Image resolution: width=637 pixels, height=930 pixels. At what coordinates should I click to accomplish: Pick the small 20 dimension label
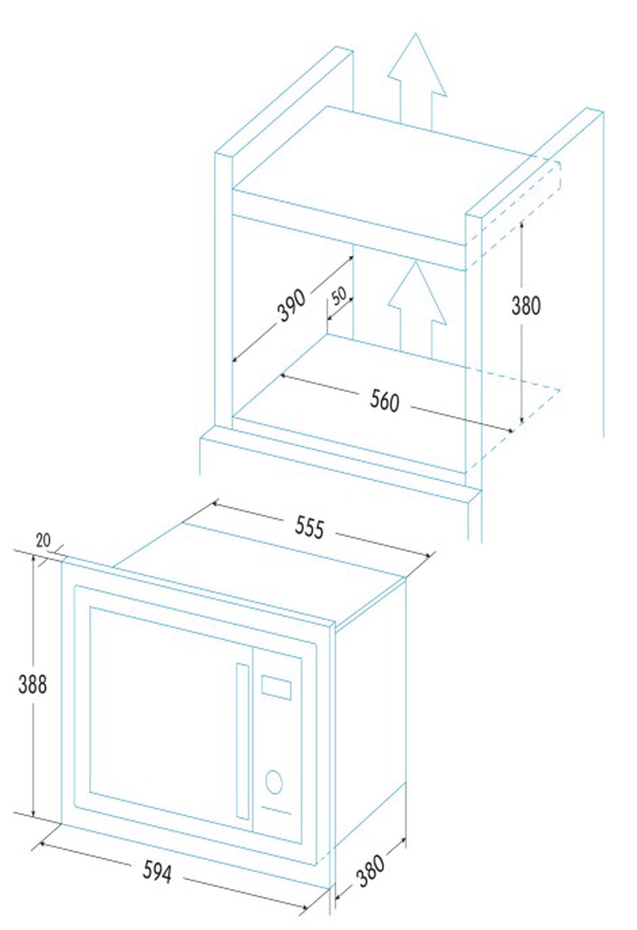(44, 541)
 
